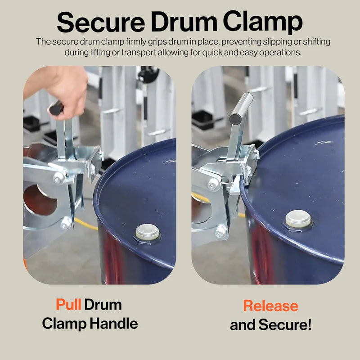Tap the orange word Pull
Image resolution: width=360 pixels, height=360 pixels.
click(68, 305)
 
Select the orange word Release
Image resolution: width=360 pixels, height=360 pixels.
click(270, 306)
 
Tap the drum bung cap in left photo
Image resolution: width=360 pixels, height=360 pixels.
click(147, 232)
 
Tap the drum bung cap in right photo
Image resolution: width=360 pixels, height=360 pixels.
click(298, 219)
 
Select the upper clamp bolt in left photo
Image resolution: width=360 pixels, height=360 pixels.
click(58, 178)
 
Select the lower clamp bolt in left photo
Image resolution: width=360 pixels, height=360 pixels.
click(66, 222)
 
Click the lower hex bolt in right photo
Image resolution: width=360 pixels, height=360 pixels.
click(220, 231)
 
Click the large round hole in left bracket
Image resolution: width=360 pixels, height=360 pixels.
click(38, 201)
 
